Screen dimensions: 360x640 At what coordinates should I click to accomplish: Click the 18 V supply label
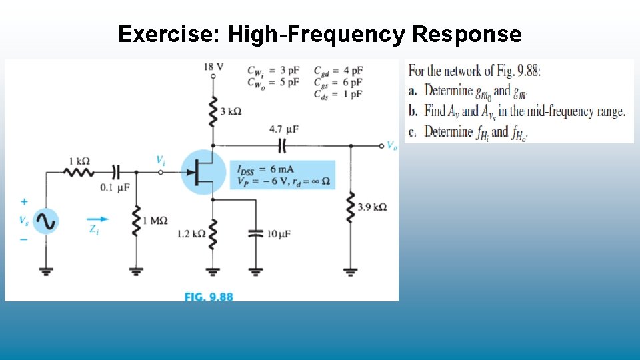pyautogui.click(x=213, y=67)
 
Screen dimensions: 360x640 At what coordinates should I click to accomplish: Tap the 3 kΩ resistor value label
pyautogui.click(x=231, y=111)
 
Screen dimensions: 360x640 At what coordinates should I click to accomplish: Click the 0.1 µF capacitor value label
pyautogui.click(x=115, y=188)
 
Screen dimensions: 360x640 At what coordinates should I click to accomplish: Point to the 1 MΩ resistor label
pyautogui.click(x=155, y=221)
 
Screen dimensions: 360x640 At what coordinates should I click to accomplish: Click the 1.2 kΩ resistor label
pyautogui.click(x=191, y=234)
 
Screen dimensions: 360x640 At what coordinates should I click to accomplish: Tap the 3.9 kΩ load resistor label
pyautogui.click(x=372, y=207)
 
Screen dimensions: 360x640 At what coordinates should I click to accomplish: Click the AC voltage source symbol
pyautogui.click(x=47, y=222)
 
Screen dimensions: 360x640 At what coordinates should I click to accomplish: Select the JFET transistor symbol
pyautogui.click(x=203, y=172)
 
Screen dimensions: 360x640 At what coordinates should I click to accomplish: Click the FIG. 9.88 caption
pyautogui.click(x=209, y=297)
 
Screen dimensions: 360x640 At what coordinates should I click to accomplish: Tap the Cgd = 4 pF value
pyautogui.click(x=338, y=70)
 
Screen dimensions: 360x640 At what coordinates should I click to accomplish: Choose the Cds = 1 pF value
pyautogui.click(x=338, y=93)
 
